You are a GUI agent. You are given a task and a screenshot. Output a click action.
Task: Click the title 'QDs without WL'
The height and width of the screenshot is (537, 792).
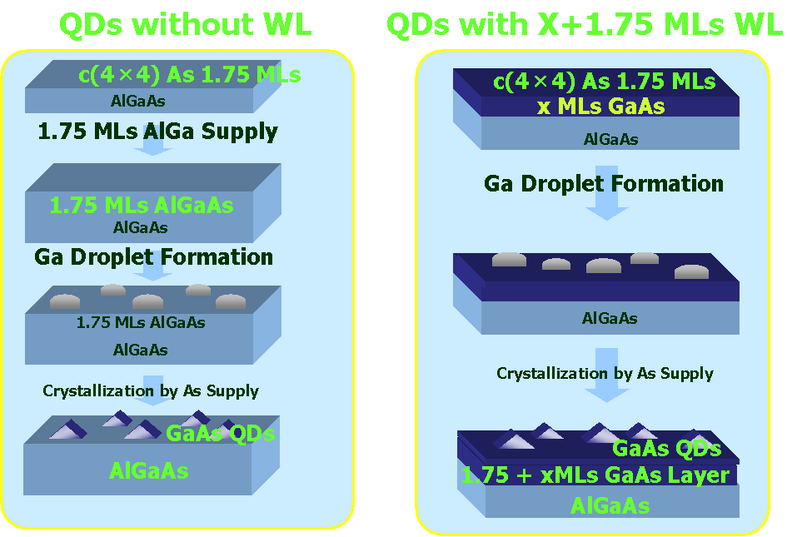tap(186, 24)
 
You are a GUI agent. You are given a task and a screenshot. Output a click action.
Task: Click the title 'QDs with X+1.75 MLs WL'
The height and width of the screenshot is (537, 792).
tap(585, 24)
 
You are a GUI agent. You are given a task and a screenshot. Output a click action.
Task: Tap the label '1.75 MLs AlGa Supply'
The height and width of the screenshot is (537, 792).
tap(157, 132)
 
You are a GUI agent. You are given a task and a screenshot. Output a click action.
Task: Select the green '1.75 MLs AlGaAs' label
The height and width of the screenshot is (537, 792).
tap(142, 205)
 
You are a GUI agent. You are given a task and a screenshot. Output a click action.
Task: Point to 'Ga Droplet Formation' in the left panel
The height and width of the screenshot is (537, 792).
tap(153, 257)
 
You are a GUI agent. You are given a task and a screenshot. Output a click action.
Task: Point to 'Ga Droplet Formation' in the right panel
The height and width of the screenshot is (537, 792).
tap(604, 184)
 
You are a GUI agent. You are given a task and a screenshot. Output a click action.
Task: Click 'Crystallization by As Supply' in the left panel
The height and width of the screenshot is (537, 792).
tap(151, 391)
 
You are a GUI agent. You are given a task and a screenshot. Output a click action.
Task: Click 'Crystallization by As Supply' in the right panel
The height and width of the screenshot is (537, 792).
tap(605, 374)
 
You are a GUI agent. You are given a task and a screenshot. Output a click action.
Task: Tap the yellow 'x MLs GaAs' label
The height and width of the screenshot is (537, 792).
tap(600, 107)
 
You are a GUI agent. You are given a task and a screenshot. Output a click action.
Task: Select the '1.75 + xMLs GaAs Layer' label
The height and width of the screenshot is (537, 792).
tap(595, 475)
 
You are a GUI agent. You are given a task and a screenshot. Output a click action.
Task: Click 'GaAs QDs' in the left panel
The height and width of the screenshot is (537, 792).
tap(220, 434)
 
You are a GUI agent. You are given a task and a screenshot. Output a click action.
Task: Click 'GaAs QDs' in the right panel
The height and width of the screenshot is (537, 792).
tap(667, 448)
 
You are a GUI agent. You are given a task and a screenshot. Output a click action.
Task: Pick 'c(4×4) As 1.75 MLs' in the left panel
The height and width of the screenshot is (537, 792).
tap(189, 75)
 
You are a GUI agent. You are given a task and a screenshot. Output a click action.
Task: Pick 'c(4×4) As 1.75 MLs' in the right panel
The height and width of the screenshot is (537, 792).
tap(604, 82)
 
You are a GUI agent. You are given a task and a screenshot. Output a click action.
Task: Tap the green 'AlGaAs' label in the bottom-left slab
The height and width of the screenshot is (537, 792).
tap(148, 471)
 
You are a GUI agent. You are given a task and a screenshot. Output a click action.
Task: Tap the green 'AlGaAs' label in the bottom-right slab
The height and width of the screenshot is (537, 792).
tap(610, 505)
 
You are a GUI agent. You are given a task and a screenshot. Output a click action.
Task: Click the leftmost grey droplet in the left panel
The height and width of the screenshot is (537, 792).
tap(65, 301)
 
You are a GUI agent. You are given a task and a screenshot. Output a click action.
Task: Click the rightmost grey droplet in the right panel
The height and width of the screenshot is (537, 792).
tap(691, 271)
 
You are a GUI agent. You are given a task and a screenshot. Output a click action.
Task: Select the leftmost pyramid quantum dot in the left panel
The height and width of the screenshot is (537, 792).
tap(68, 430)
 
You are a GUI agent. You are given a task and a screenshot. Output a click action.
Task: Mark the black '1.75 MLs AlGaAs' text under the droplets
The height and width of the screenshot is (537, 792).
tap(141, 322)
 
